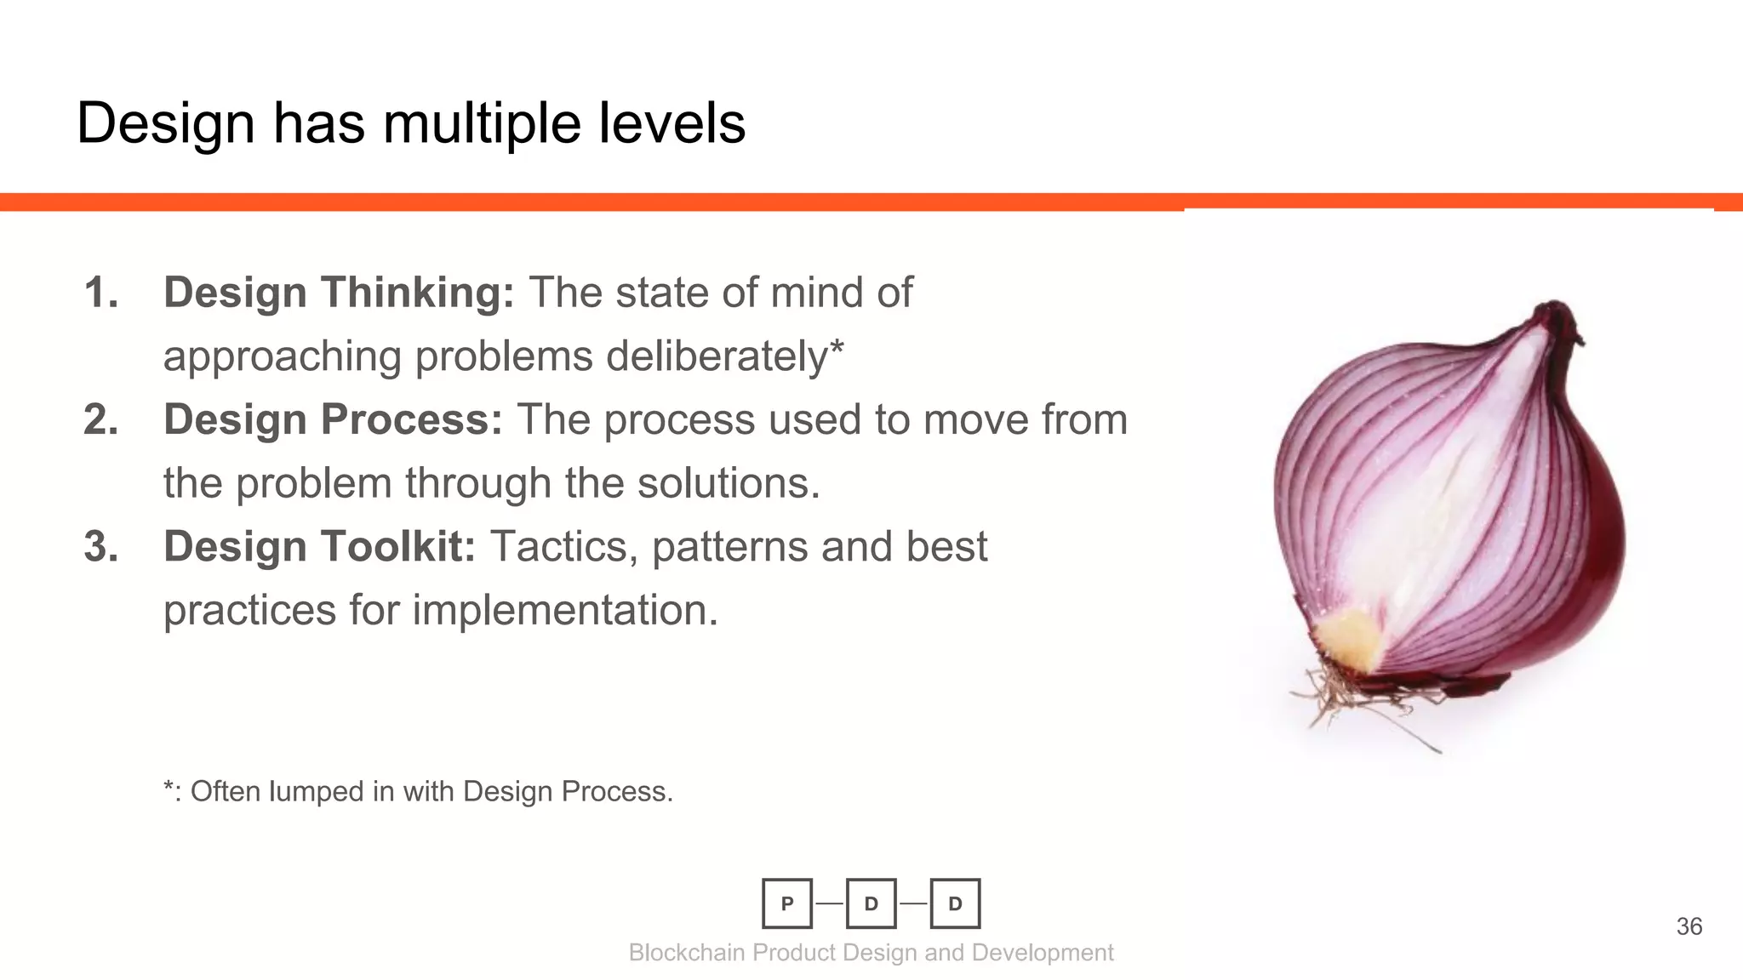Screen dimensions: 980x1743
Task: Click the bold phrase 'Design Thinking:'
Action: (339, 293)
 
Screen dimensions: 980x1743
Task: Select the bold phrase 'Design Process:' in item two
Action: (333, 419)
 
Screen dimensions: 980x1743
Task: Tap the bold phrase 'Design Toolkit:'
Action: (319, 546)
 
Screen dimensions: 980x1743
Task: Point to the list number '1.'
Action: (100, 293)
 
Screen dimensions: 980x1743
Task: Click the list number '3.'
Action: (100, 546)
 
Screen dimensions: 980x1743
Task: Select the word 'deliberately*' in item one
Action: (724, 356)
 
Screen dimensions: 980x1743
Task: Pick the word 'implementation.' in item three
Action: (565, 610)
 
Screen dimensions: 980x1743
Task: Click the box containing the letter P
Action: (787, 903)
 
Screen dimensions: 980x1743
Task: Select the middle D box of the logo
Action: (871, 903)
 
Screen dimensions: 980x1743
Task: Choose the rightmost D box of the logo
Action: (955, 903)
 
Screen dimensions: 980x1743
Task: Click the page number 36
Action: (1689, 926)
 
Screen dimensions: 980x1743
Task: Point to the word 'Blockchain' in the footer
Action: (687, 953)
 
